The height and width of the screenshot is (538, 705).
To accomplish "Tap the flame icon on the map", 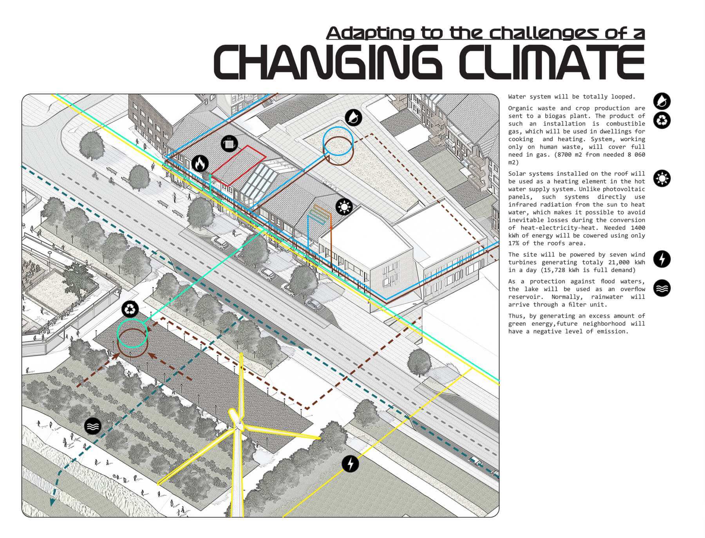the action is click(200, 163).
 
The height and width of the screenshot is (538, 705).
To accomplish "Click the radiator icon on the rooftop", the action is click(229, 143).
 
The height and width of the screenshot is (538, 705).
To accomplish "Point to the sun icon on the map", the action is click(344, 207).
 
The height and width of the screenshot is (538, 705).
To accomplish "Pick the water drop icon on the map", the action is click(354, 117).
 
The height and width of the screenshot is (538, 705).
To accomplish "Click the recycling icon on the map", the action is click(130, 309).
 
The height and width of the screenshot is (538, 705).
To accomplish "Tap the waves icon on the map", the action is click(93, 426).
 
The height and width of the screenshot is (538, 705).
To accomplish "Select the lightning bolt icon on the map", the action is click(350, 464).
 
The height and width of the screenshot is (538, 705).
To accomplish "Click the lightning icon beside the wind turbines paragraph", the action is click(662, 259).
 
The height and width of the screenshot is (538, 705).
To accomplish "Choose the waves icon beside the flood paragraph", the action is click(662, 288).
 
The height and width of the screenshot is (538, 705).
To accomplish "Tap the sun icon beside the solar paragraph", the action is click(662, 178).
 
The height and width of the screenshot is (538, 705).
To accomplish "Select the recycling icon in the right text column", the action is click(662, 120).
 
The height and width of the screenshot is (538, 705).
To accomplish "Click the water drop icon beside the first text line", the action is click(662, 101).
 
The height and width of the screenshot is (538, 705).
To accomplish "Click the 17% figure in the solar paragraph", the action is click(514, 243).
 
